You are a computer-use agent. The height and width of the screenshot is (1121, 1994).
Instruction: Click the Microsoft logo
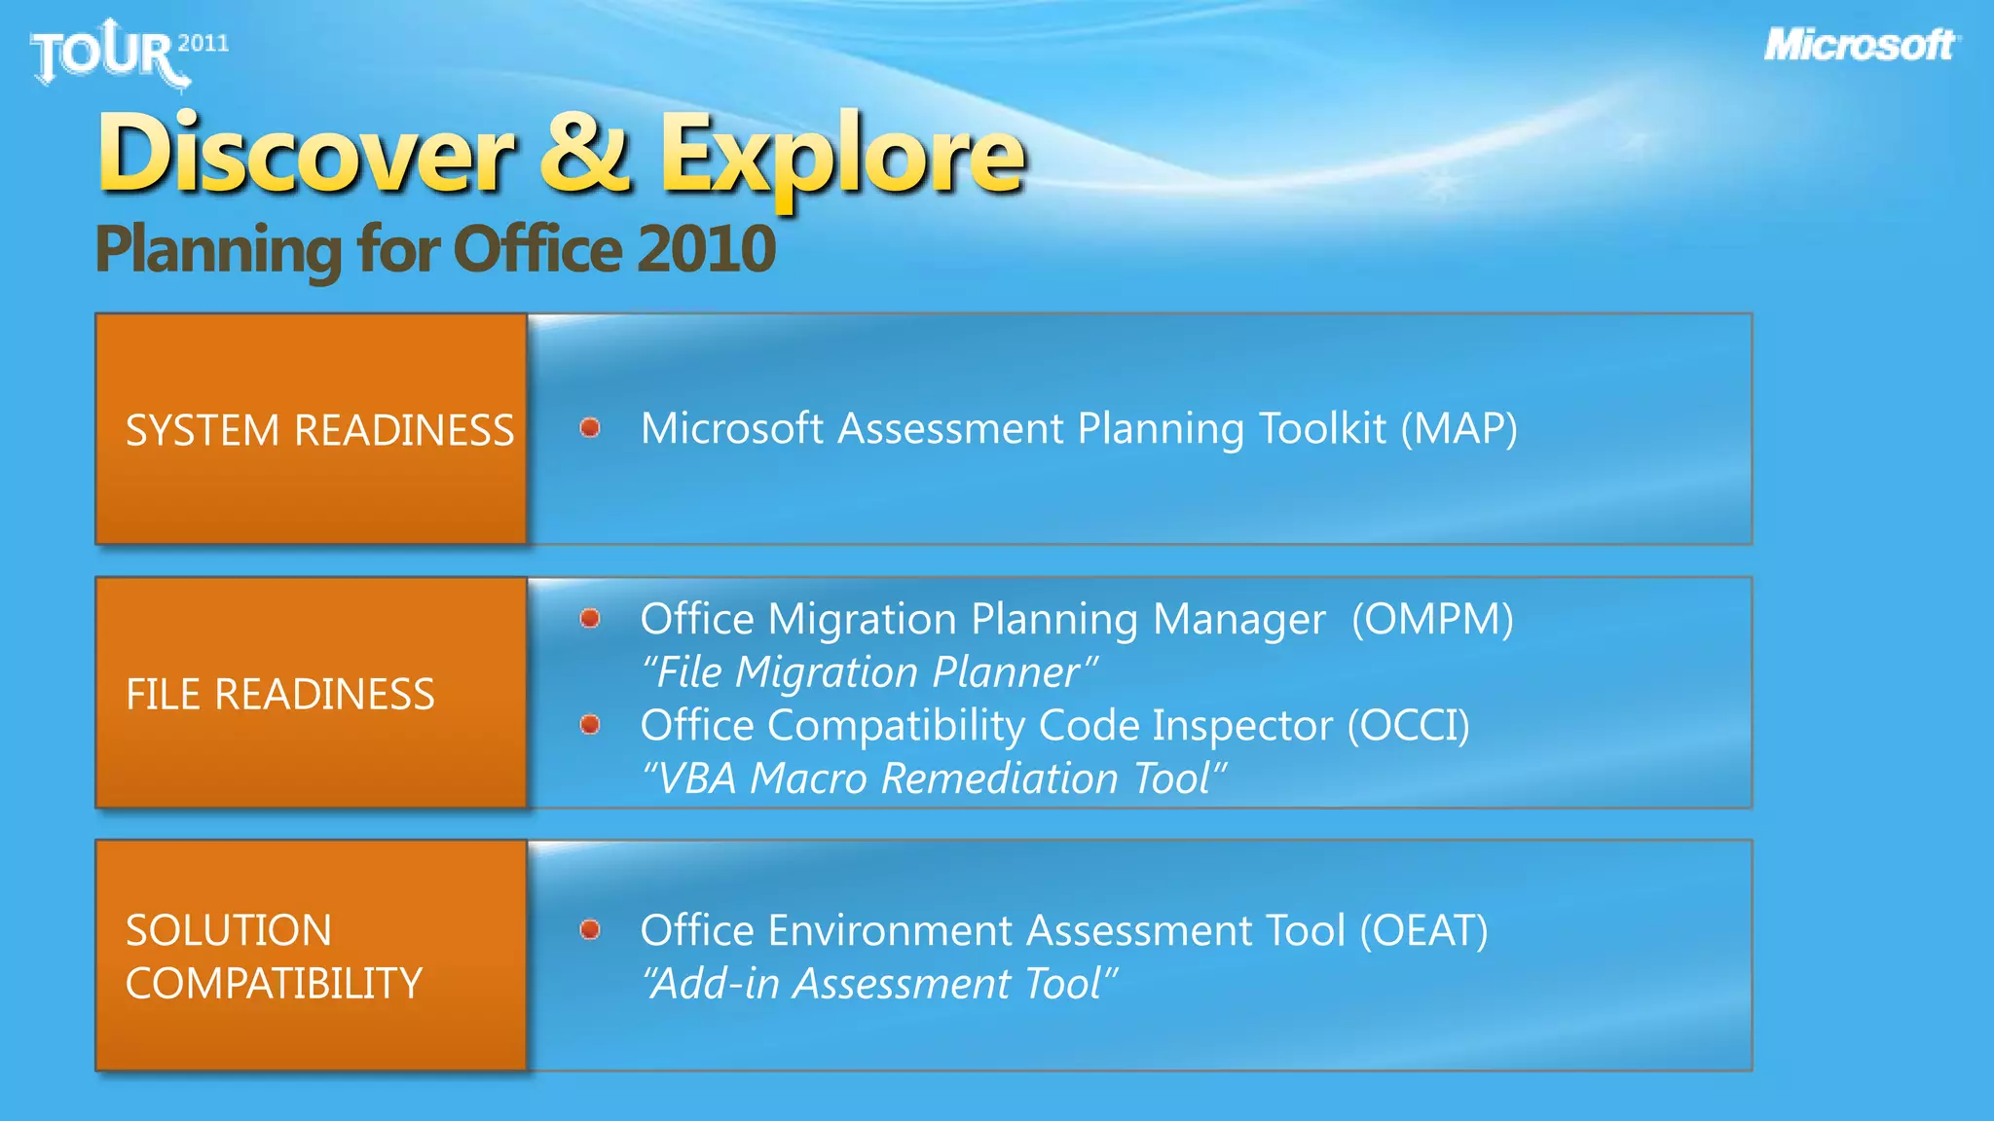tap(1861, 45)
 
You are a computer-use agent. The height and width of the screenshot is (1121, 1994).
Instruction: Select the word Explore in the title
tap(842, 156)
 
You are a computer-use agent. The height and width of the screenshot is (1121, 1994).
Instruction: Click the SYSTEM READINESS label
tap(319, 430)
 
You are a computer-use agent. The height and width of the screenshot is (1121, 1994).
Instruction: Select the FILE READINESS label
tap(280, 694)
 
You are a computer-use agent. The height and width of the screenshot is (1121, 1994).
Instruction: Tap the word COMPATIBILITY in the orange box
tap(274, 983)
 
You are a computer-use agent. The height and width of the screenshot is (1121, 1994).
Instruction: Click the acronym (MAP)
tap(1459, 428)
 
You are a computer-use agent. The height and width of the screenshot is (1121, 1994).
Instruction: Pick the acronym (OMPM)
tap(1432, 619)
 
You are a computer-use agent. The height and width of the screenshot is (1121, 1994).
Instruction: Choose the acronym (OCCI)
tap(1408, 725)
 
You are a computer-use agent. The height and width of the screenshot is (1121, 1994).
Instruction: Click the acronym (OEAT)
tap(1423, 930)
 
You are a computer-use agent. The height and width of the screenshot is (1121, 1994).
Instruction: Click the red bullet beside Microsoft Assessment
tap(590, 427)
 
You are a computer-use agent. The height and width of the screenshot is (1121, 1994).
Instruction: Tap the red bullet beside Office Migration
tap(590, 618)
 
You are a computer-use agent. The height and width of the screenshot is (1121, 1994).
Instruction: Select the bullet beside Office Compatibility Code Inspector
tap(590, 724)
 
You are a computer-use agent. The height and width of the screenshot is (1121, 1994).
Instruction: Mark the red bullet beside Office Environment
tap(590, 929)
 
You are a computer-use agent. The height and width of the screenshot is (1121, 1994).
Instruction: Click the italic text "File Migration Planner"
tap(869, 672)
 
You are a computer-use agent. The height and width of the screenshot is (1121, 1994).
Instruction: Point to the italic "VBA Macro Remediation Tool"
tap(933, 778)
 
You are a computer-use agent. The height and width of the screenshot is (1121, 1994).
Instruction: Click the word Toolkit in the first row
tap(1322, 428)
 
